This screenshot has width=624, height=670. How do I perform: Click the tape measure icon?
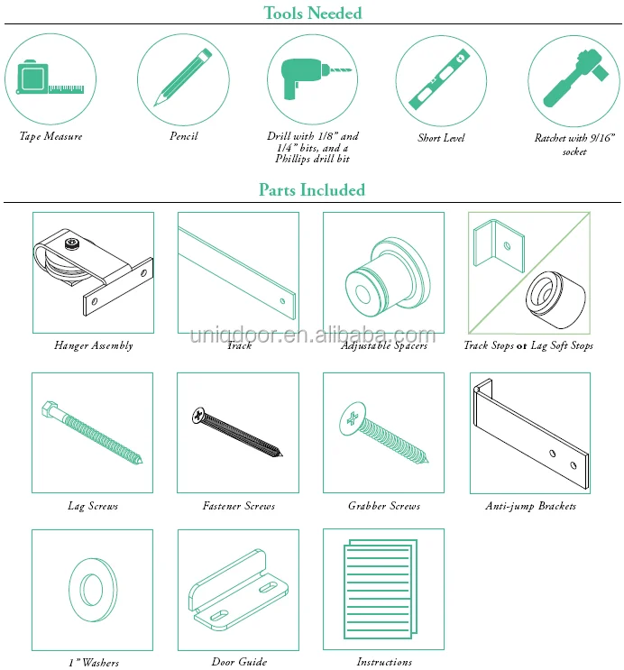coord(50,78)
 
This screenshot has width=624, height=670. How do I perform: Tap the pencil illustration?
coord(183,78)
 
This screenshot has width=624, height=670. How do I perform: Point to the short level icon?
coord(440,80)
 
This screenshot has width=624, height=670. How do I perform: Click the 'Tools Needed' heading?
coord(312,13)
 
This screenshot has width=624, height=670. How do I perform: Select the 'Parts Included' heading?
coord(312,189)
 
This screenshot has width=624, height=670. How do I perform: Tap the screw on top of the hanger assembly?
coord(72,243)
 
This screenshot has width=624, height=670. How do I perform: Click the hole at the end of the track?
coord(282,301)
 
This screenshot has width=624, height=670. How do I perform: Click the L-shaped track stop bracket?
coord(499,245)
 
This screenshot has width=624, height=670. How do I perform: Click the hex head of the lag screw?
coord(50,409)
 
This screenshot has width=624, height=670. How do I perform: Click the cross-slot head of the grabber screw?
coord(353,418)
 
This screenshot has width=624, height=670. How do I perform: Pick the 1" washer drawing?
coord(93,590)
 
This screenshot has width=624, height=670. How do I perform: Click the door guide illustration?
coord(238,590)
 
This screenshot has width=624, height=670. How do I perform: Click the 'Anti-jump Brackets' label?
coord(530,507)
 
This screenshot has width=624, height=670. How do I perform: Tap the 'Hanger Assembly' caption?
coord(94,345)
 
